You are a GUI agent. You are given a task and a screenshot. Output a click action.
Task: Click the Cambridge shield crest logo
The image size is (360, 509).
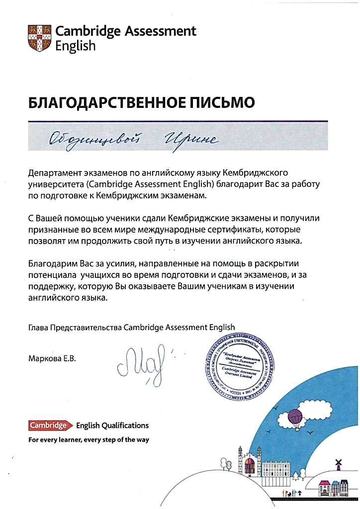39,38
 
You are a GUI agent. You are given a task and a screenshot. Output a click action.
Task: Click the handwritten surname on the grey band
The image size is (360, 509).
99,139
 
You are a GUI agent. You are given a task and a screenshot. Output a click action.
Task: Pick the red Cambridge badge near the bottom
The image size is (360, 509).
48,425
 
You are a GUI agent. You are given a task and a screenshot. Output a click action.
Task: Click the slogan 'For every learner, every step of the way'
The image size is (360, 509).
89,440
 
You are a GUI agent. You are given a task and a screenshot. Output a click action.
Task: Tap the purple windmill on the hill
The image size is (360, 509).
339,464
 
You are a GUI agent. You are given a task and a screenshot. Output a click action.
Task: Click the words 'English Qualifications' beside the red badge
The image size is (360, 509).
112,425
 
